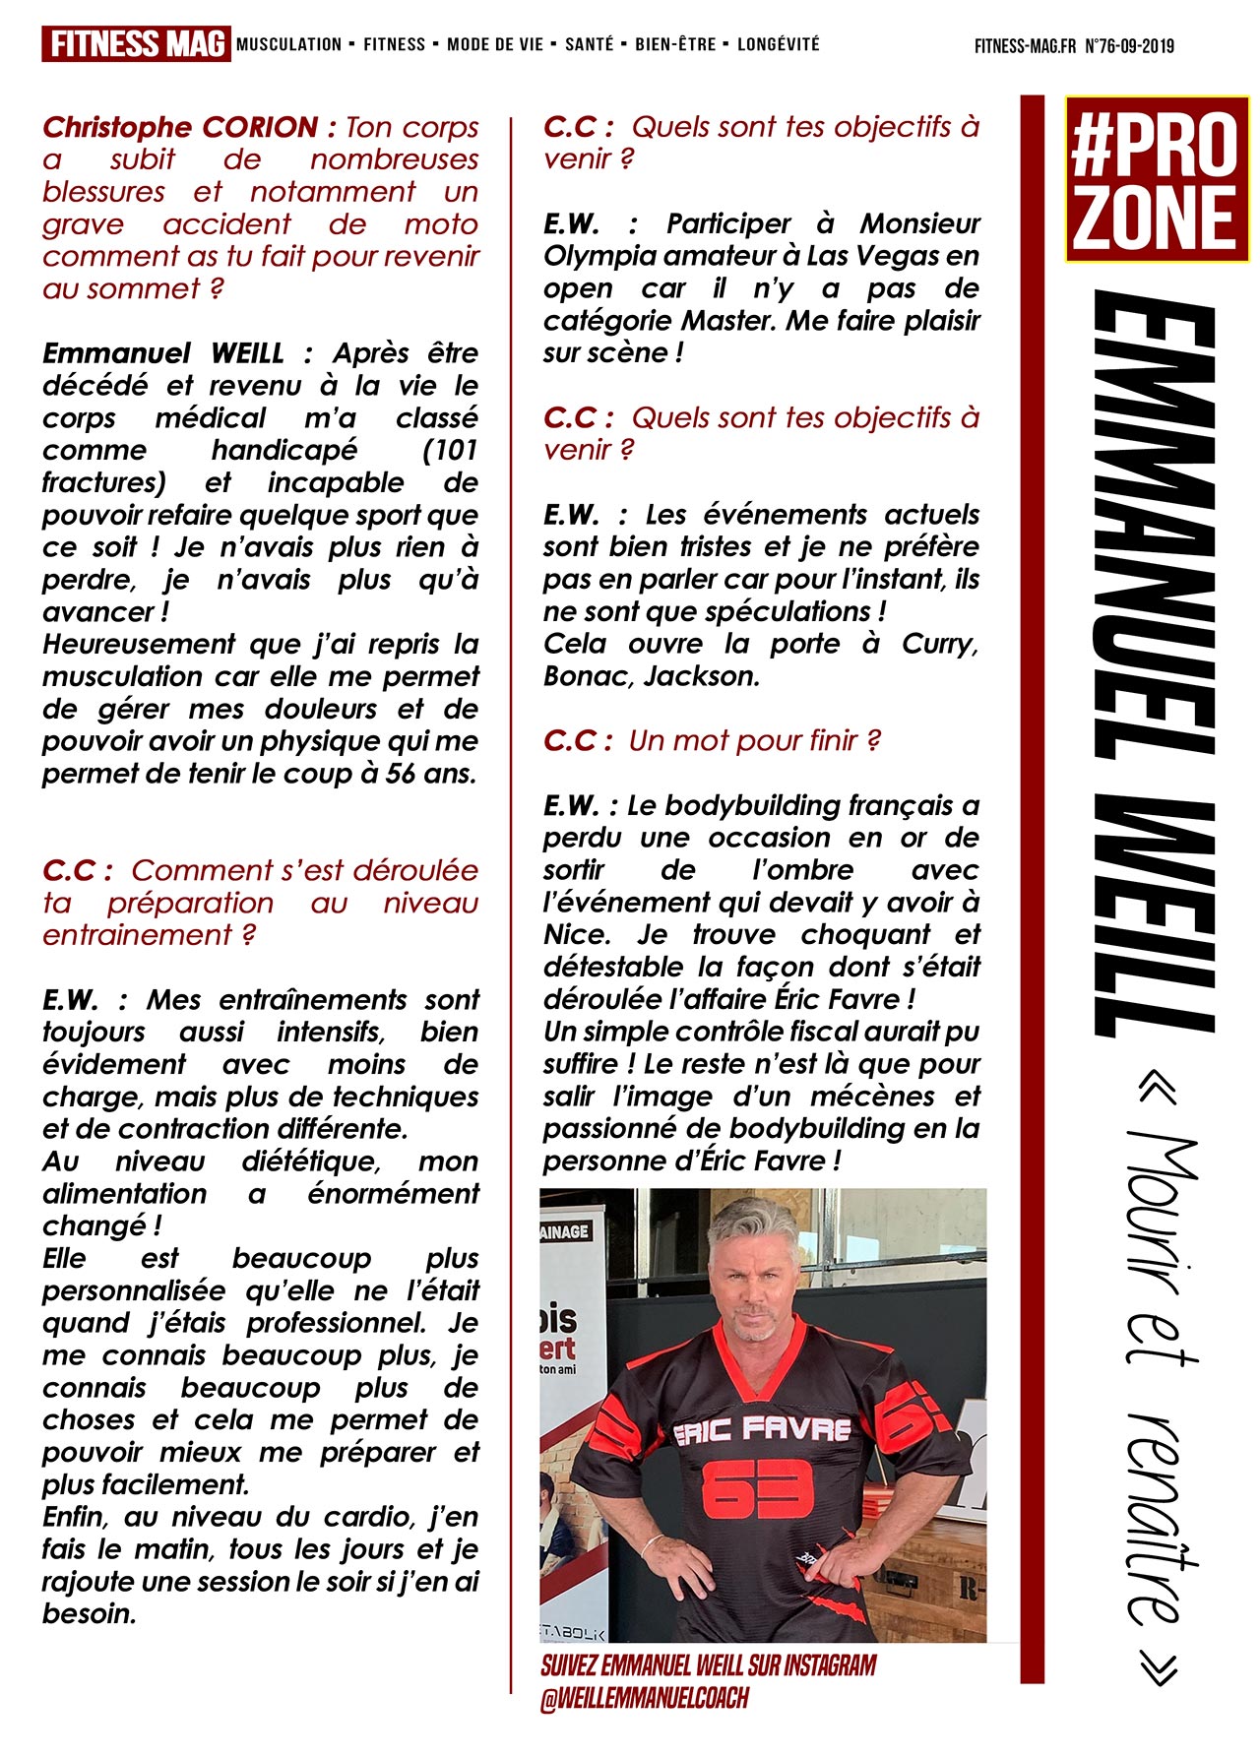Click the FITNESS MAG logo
[136, 44]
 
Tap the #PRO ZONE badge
[1156, 178]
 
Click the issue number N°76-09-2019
[1129, 46]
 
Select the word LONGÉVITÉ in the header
[778, 44]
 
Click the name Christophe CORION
[180, 127]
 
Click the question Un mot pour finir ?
[754, 741]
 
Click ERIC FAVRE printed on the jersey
[762, 1430]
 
